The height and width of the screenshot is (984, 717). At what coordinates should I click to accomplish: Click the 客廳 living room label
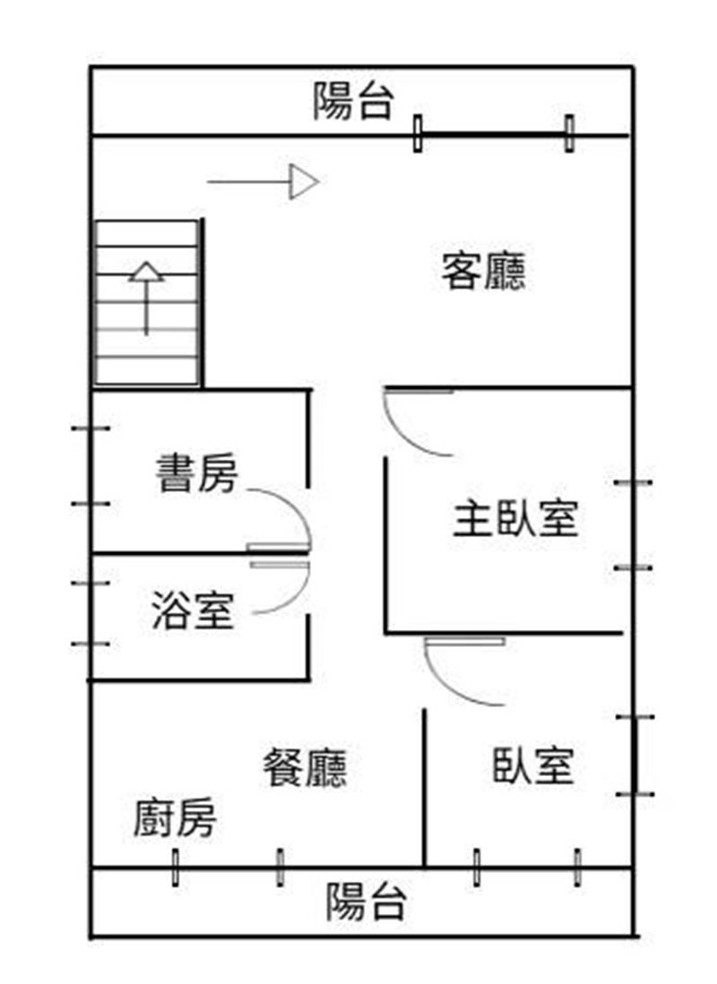click(x=483, y=271)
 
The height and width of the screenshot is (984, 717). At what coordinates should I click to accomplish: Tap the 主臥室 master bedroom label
click(x=515, y=518)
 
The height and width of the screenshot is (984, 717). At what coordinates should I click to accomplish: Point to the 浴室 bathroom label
click(x=193, y=609)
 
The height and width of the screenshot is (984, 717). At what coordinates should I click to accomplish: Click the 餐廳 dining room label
click(x=305, y=767)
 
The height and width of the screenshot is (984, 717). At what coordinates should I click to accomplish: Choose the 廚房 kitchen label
click(x=175, y=816)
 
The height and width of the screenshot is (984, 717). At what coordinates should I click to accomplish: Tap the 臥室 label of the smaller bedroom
click(x=533, y=765)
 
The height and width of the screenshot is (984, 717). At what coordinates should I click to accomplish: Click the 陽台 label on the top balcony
click(x=354, y=101)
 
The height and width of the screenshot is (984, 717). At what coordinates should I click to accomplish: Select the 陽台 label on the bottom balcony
click(x=366, y=902)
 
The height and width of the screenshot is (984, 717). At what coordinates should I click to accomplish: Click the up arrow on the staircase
click(x=146, y=298)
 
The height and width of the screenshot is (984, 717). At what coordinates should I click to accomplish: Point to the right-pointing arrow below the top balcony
click(x=263, y=182)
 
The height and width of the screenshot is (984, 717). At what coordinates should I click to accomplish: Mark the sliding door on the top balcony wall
click(x=494, y=134)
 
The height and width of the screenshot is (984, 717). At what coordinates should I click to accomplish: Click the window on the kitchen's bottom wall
click(x=228, y=867)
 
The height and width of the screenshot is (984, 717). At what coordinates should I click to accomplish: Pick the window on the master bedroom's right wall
click(x=634, y=525)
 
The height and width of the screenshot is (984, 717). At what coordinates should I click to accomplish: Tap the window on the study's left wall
click(x=91, y=466)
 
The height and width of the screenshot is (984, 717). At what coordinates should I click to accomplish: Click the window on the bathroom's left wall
click(x=91, y=613)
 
